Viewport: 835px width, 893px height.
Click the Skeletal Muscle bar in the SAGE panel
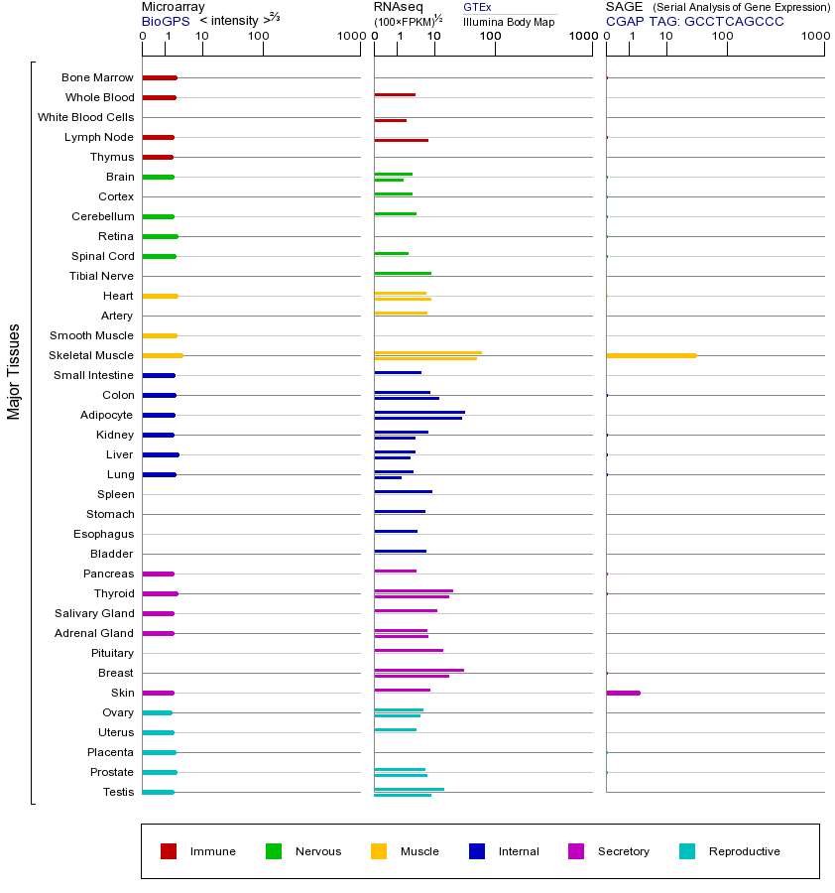pyautogui.click(x=651, y=355)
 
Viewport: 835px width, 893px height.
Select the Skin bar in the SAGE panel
pyautogui.click(x=623, y=693)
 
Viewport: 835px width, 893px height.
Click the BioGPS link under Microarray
pyautogui.click(x=165, y=21)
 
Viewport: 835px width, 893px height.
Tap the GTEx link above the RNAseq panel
pyautogui.click(x=477, y=7)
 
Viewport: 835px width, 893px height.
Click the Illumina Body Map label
pyautogui.click(x=509, y=21)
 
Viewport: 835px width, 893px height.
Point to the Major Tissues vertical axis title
pyautogui.click(x=14, y=370)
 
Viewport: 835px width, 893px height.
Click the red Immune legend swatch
pyautogui.click(x=169, y=851)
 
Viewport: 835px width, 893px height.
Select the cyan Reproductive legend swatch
pyautogui.click(x=687, y=851)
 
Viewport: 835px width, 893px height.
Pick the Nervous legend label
pyautogui.click(x=317, y=851)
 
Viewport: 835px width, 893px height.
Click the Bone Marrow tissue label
pyautogui.click(x=97, y=77)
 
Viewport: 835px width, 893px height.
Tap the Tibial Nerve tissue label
pyautogui.click(x=101, y=276)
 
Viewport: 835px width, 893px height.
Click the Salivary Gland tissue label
pyautogui.click(x=95, y=613)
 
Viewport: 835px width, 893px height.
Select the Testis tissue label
pyautogui.click(x=118, y=792)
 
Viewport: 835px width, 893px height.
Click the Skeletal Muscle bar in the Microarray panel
pyautogui.click(x=163, y=355)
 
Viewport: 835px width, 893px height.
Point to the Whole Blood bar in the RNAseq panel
pyautogui.click(x=395, y=95)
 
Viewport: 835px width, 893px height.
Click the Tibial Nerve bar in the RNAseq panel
pyautogui.click(x=403, y=273)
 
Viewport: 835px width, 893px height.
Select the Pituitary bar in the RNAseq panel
pyautogui.click(x=409, y=650)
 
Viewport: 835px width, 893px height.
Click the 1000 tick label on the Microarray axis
pyautogui.click(x=350, y=37)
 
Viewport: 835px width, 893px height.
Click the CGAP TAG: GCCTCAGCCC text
pyautogui.click(x=694, y=21)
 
